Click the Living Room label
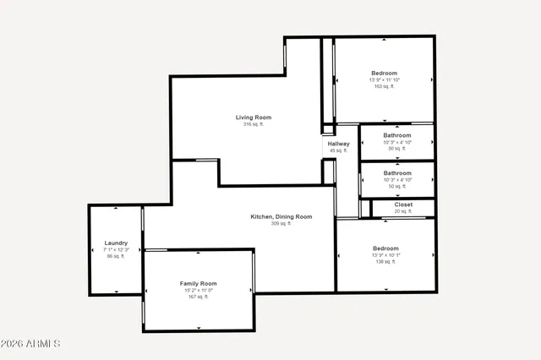pos(254,117)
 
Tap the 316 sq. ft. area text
pos(254,124)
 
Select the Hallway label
pos(338,144)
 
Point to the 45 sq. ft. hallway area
pos(338,150)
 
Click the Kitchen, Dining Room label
pos(281,216)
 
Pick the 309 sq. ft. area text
pos(281,224)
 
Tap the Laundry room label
pos(116,243)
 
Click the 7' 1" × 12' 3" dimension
pos(116,249)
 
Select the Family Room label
pos(199,283)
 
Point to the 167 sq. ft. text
pos(199,297)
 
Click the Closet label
pos(403,204)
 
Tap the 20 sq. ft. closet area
pos(403,210)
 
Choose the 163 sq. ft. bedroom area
pos(385,86)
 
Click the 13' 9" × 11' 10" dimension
pos(385,80)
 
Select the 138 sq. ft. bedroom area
pos(385,262)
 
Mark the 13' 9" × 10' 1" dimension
pos(385,255)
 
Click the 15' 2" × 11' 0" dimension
pos(199,290)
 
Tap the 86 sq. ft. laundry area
pos(116,256)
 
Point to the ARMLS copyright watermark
pos(31,344)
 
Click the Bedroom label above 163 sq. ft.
pos(385,73)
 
